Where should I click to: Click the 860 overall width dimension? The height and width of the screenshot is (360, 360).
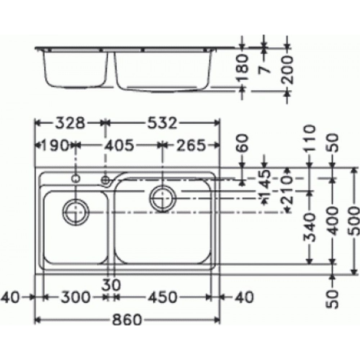127,320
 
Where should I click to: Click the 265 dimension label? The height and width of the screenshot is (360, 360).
191,145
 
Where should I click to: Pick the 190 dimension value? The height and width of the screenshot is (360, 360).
55,145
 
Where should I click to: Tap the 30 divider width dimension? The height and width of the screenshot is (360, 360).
111,285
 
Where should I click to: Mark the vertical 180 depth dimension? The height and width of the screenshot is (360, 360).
243,67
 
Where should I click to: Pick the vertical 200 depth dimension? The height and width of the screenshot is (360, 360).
287,70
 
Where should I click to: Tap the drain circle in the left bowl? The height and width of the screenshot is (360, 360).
76,212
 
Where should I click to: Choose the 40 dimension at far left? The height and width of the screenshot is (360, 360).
12,297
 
